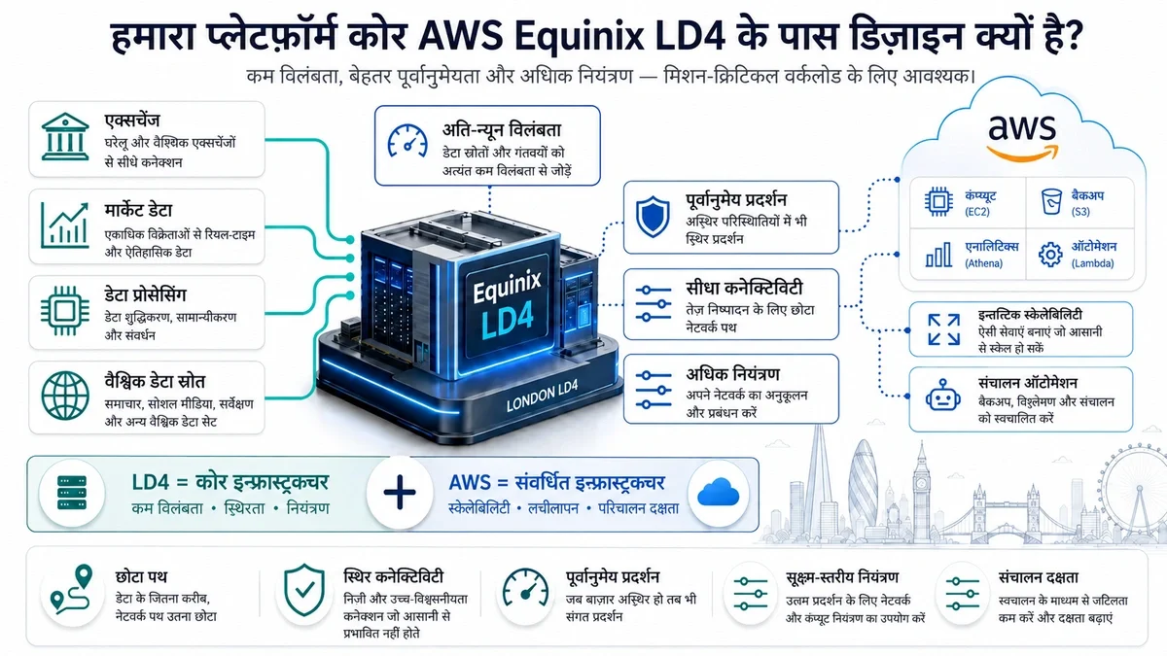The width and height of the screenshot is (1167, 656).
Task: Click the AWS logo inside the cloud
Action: (x=1023, y=137)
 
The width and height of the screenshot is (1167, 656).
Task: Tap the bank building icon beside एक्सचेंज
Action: (x=65, y=136)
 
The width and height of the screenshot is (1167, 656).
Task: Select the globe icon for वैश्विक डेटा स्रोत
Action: (x=65, y=396)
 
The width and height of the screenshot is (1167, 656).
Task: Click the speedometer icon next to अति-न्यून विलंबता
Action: (x=407, y=141)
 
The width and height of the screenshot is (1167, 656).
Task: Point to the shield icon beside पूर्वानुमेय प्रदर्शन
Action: (x=653, y=217)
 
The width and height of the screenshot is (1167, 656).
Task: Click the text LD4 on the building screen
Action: (x=508, y=316)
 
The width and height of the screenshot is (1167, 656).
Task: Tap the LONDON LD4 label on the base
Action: (x=542, y=396)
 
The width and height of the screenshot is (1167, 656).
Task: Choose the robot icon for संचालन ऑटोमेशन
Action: (x=943, y=396)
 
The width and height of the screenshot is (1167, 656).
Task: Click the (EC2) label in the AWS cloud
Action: (x=976, y=212)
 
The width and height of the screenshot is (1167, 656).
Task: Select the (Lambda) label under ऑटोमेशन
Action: (x=1092, y=263)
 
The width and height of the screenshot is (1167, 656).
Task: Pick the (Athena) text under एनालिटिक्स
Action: (x=983, y=263)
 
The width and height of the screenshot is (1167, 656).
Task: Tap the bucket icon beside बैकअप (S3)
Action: (x=1051, y=201)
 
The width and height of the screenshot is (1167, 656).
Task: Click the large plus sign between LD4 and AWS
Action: (x=400, y=492)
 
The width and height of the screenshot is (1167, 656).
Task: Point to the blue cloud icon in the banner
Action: (x=718, y=492)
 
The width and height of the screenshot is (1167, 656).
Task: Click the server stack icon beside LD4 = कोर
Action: (x=72, y=492)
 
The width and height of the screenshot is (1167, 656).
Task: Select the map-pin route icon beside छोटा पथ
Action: (x=72, y=588)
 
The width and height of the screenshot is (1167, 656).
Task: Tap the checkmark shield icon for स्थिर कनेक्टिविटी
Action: (x=304, y=590)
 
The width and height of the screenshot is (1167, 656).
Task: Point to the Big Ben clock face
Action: (x=921, y=484)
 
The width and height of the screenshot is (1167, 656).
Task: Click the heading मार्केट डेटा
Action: (x=138, y=210)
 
